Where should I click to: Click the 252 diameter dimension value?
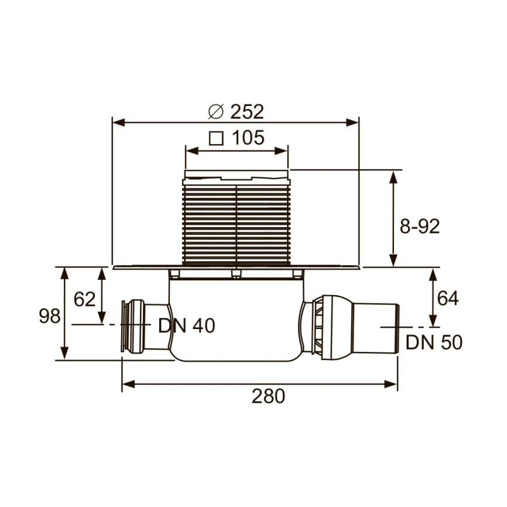[x=247, y=111]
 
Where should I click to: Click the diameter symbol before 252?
[x=216, y=111]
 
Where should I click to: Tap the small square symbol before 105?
[x=217, y=139]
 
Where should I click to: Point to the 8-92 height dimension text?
[x=419, y=227]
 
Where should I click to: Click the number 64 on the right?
[x=448, y=298]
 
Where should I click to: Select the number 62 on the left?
[x=84, y=299]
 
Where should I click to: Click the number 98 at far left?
[x=50, y=316]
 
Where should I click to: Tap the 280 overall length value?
[x=268, y=396]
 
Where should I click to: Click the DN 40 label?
[x=187, y=326]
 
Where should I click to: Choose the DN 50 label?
[x=434, y=342]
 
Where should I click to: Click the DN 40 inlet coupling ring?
[x=126, y=326]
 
